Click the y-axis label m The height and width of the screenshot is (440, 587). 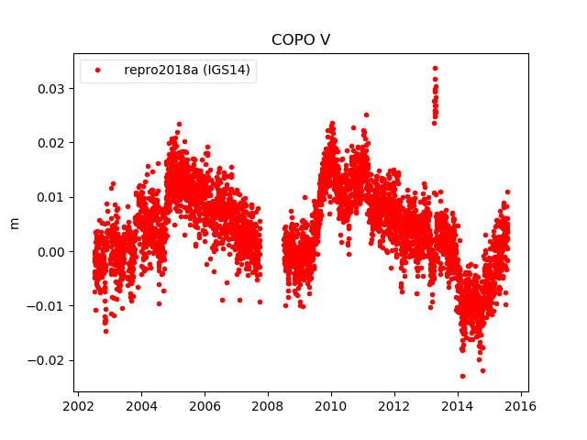(x=14, y=223)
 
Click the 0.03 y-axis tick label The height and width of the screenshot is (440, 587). (x=50, y=89)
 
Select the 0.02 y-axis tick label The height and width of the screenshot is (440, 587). (x=50, y=143)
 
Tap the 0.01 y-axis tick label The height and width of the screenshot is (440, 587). (x=50, y=197)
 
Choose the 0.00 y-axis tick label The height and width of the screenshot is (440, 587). (x=50, y=251)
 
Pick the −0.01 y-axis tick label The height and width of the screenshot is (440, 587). (x=47, y=305)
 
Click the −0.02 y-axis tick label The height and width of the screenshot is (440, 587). (x=47, y=359)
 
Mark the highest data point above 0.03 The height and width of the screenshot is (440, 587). (x=435, y=68)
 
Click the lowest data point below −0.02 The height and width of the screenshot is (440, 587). (x=462, y=376)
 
